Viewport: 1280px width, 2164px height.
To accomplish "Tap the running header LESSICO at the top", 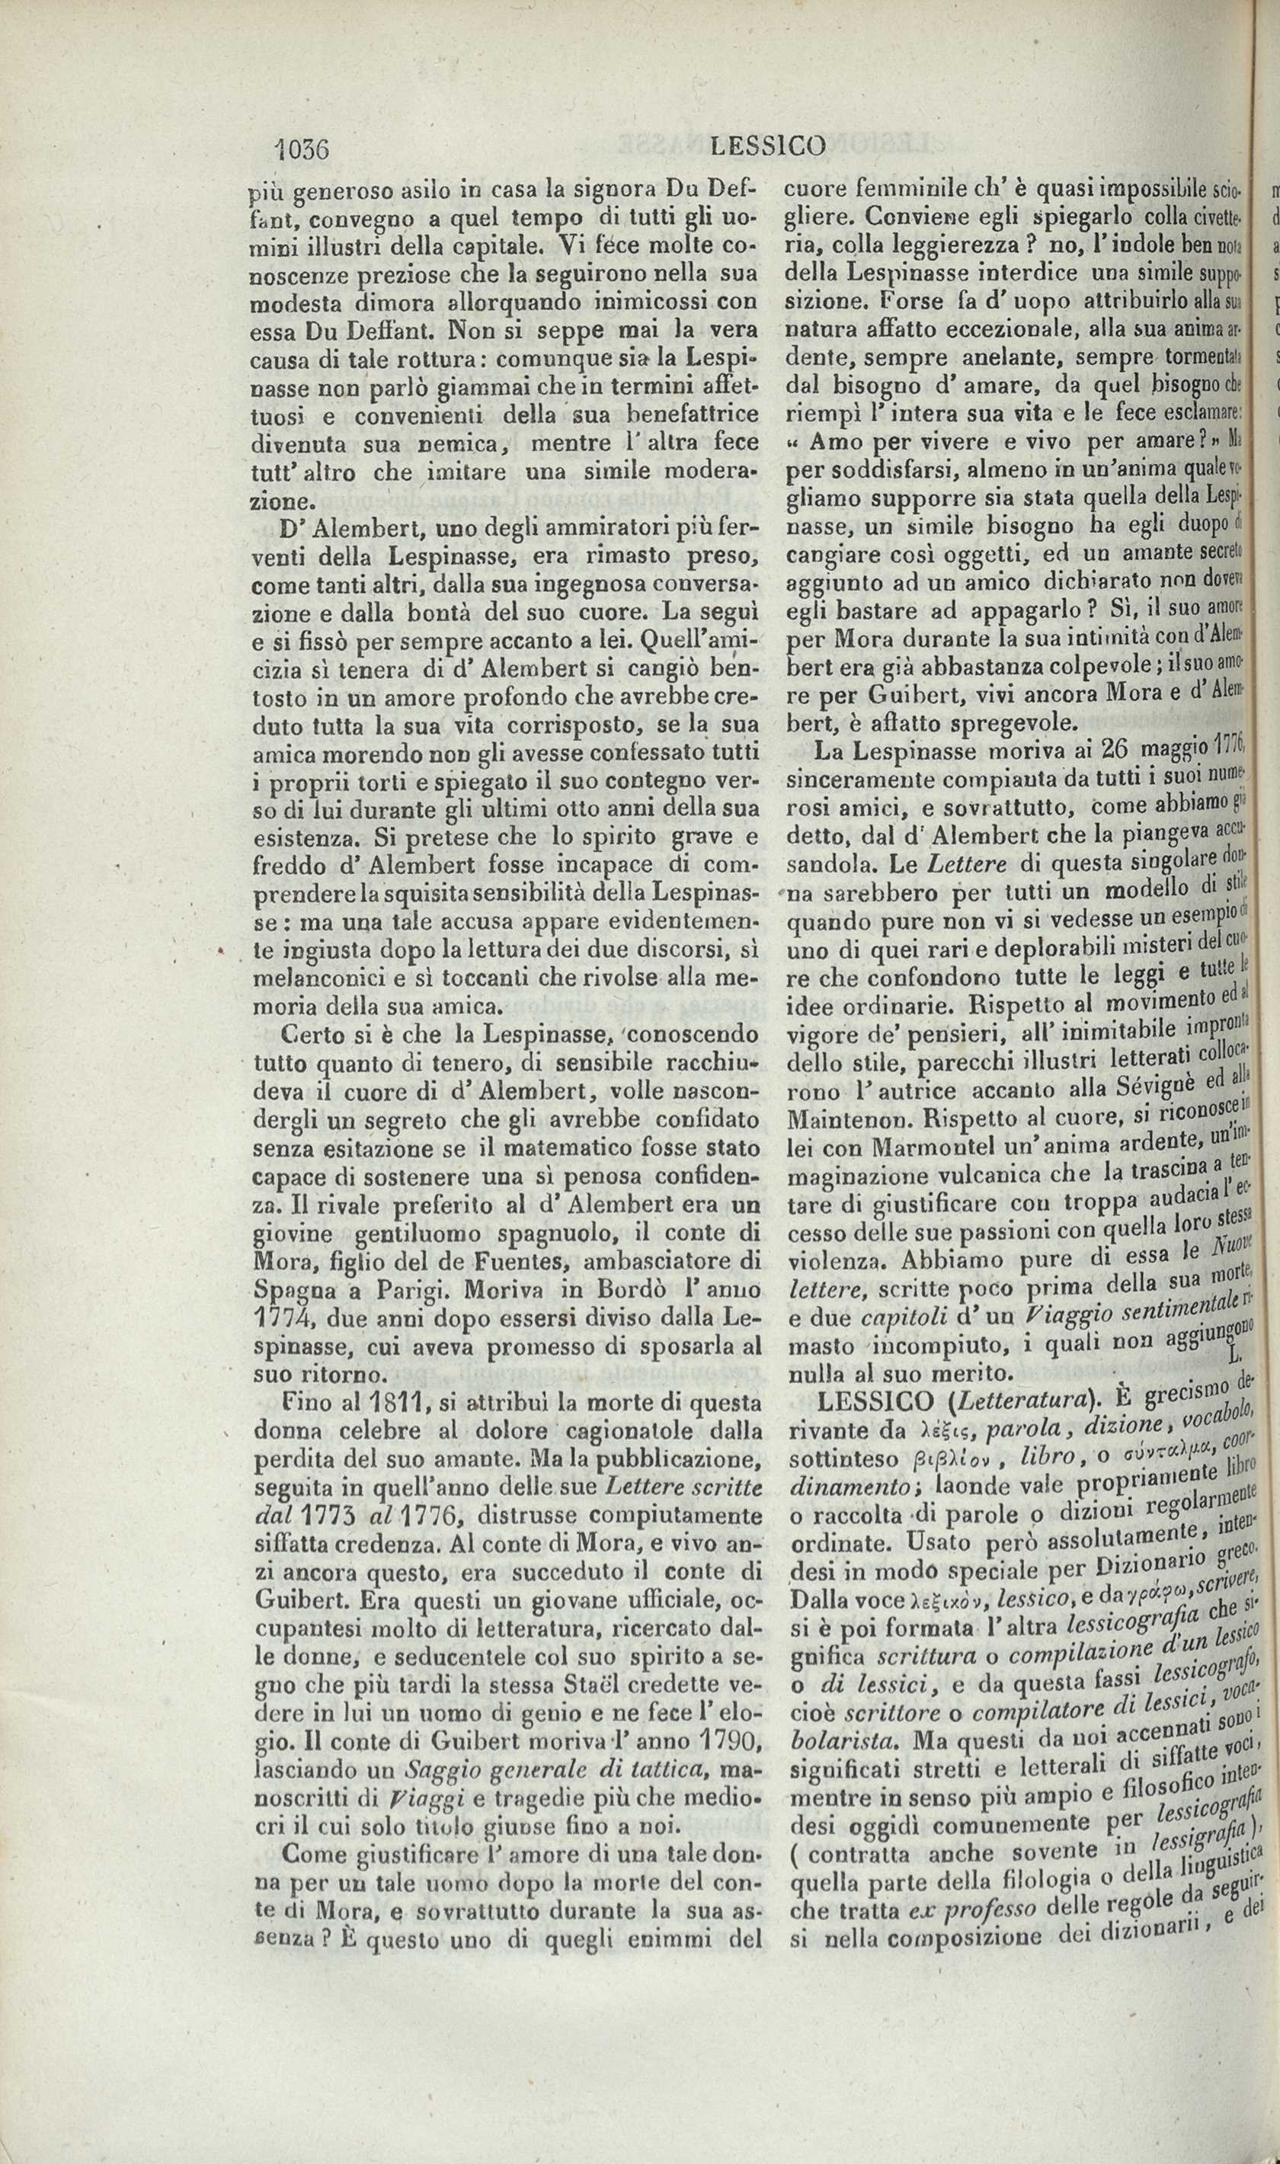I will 768,146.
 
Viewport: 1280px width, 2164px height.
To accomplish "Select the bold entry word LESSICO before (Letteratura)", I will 848,1404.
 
